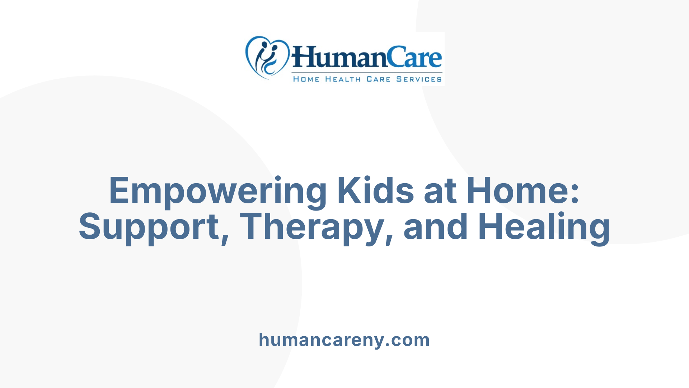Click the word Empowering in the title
click(217, 191)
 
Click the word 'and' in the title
click(436, 227)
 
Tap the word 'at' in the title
click(440, 191)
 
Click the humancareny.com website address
click(344, 340)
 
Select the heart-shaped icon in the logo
click(267, 57)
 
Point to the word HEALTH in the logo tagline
click(343, 79)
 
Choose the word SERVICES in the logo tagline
click(419, 79)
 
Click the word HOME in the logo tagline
click(306, 79)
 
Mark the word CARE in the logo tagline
click(378, 79)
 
